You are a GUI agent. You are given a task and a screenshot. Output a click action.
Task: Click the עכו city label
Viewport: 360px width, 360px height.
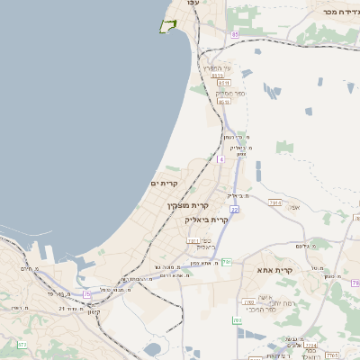(x=192, y=4)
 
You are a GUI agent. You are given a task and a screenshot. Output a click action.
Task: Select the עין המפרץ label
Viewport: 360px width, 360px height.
(x=217, y=68)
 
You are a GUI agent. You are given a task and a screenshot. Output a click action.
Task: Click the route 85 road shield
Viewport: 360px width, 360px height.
(x=234, y=34)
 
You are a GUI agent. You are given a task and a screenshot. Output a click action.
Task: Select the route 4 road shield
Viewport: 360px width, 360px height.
(x=220, y=159)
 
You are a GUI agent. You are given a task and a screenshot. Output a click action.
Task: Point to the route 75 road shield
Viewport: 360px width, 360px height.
(x=87, y=293)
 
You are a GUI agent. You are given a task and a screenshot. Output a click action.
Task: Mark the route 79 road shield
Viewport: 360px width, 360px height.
(x=355, y=283)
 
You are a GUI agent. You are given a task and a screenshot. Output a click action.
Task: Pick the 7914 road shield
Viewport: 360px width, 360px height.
(x=275, y=203)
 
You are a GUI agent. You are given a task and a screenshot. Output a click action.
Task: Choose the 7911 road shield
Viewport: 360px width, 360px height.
(x=193, y=241)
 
